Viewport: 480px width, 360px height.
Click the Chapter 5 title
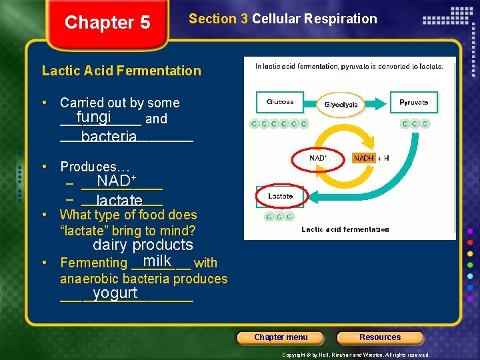(x=107, y=23)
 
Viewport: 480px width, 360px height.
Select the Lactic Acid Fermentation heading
(x=121, y=71)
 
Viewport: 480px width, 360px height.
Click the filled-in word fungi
(x=93, y=117)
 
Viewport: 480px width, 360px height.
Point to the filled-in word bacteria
(x=109, y=137)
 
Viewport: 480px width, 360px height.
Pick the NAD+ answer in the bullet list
(x=117, y=181)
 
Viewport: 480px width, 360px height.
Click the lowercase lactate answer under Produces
(x=119, y=201)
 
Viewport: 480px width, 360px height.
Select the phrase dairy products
(x=143, y=245)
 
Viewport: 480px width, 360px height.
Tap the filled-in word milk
(x=157, y=261)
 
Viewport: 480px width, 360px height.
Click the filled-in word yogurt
(x=115, y=293)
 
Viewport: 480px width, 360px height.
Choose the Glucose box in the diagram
(x=280, y=102)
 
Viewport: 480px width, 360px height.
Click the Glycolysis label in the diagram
(x=341, y=105)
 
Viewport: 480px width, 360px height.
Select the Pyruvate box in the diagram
(x=414, y=102)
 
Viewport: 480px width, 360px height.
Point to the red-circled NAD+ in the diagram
(x=318, y=158)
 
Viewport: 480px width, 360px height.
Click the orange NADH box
(x=363, y=158)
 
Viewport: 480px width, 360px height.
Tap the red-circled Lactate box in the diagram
(x=280, y=196)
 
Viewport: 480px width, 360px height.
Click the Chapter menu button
(x=281, y=337)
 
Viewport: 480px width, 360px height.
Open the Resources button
(x=380, y=337)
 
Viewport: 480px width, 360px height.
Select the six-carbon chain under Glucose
(x=279, y=123)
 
